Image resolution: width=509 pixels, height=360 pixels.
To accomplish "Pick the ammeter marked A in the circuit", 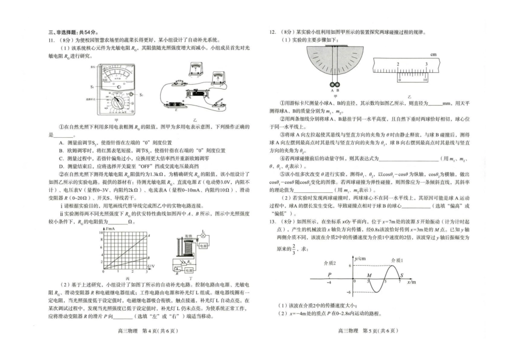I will click(x=218, y=77).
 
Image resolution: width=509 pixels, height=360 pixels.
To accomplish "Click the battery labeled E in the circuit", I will click(x=177, y=105).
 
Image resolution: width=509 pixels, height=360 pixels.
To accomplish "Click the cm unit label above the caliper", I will click(x=433, y=54).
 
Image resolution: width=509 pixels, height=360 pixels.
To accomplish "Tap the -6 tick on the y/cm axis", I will click(x=348, y=292).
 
